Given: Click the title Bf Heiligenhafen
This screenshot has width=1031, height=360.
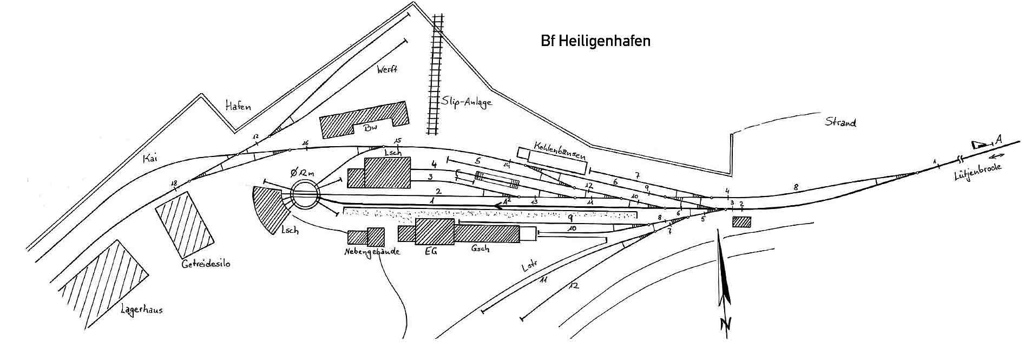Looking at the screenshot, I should click(x=595, y=42).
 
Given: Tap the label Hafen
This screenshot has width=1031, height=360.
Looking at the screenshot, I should click(x=238, y=106).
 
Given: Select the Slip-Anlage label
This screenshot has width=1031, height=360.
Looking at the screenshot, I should click(x=467, y=102).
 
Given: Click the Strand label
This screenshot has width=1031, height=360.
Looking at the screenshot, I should click(x=840, y=122).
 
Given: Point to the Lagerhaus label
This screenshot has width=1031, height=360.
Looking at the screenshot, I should click(x=142, y=310).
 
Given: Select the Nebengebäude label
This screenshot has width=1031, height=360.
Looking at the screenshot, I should click(x=372, y=252).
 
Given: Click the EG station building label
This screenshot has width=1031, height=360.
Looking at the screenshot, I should click(x=431, y=251).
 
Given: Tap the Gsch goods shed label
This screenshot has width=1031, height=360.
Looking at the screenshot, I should click(x=480, y=248).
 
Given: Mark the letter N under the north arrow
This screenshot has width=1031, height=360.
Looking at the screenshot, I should click(x=725, y=324).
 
